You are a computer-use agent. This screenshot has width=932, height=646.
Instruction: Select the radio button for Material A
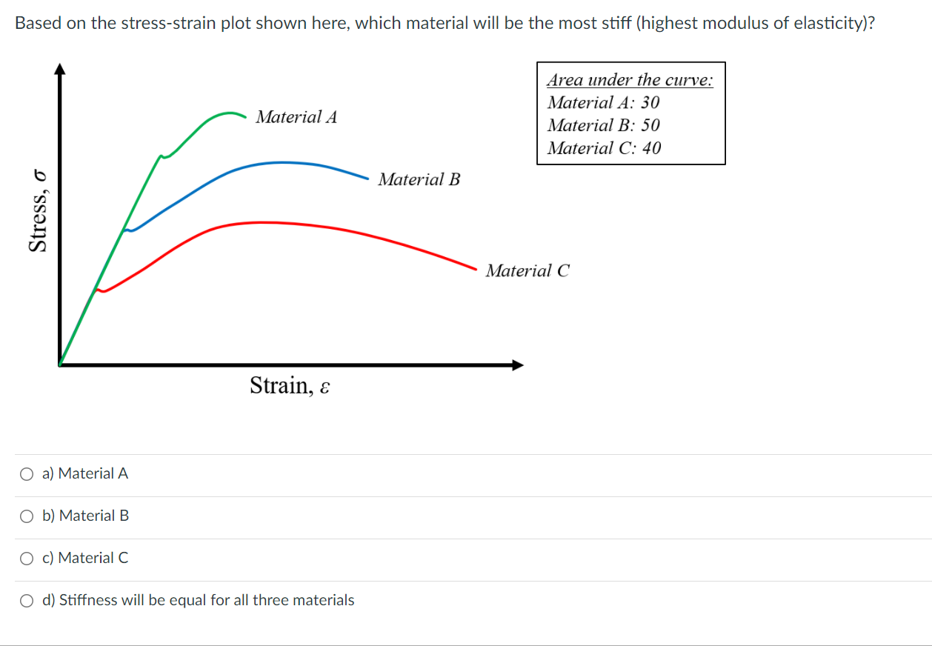pos(27,473)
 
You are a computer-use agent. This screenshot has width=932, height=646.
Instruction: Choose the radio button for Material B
pos(27,516)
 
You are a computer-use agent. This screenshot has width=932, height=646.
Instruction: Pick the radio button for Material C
pos(27,558)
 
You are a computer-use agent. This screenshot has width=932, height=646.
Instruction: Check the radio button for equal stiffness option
pos(27,600)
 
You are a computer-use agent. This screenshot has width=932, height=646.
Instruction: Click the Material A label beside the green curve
pos(296,117)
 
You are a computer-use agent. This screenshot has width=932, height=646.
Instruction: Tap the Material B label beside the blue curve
pos(419,179)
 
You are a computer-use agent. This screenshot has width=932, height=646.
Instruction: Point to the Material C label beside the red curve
pos(527,271)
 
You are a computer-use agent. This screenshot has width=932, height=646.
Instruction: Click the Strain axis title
pos(289,386)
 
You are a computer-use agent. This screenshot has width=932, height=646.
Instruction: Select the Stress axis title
pos(39,211)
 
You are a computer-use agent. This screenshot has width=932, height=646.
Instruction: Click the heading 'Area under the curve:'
pos(630,80)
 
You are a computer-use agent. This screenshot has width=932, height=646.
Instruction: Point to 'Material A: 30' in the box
pos(603,103)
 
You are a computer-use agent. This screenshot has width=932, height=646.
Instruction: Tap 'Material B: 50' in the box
pos(603,125)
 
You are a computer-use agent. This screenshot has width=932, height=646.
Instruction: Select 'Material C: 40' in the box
pos(604,148)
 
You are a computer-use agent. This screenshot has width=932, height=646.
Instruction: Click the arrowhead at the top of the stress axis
pos(60,69)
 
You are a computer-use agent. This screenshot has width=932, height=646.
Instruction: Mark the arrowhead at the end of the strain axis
pos(517,364)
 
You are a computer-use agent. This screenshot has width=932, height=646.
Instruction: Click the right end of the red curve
pos(476,268)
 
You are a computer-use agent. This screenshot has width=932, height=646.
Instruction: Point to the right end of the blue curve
pos(367,178)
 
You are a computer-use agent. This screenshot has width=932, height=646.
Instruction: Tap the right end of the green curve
pos(245,116)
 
